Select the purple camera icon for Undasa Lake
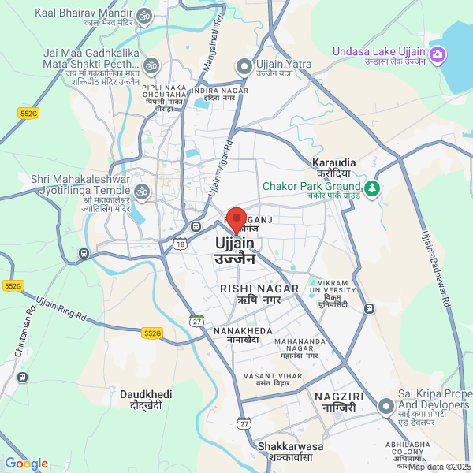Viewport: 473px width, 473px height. click(x=439, y=54)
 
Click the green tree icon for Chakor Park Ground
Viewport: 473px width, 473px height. click(x=373, y=188)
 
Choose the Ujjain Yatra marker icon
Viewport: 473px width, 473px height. click(x=244, y=65)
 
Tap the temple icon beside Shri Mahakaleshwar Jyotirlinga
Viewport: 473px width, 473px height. click(x=142, y=190)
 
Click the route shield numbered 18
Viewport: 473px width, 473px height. click(x=181, y=244)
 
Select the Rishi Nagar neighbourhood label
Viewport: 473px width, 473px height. click(x=259, y=289)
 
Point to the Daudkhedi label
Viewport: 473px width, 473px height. click(x=146, y=394)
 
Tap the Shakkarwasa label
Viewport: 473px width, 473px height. click(x=291, y=446)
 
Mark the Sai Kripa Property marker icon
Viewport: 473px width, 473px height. click(x=385, y=406)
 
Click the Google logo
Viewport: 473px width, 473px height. click(x=26, y=464)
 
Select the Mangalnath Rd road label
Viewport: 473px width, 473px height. click(x=210, y=50)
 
